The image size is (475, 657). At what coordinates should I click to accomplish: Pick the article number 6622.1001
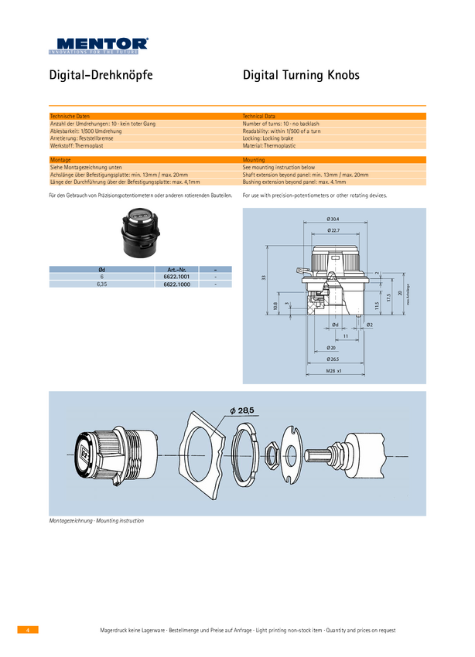(176, 277)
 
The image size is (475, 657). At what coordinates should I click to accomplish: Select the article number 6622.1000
(176, 284)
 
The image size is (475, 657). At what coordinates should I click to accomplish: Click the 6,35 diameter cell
(101, 284)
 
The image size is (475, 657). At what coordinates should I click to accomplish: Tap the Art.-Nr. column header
(176, 269)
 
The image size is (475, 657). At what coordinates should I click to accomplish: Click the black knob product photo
(138, 233)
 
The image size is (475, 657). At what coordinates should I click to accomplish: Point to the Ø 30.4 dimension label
(333, 220)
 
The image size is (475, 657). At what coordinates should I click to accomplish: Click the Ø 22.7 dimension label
(333, 230)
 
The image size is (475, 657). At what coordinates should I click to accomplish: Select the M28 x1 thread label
(333, 371)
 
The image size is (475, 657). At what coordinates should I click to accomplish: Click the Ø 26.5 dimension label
(333, 359)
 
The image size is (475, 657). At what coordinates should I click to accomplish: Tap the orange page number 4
(27, 630)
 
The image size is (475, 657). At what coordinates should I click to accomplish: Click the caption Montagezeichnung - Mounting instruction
(97, 521)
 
